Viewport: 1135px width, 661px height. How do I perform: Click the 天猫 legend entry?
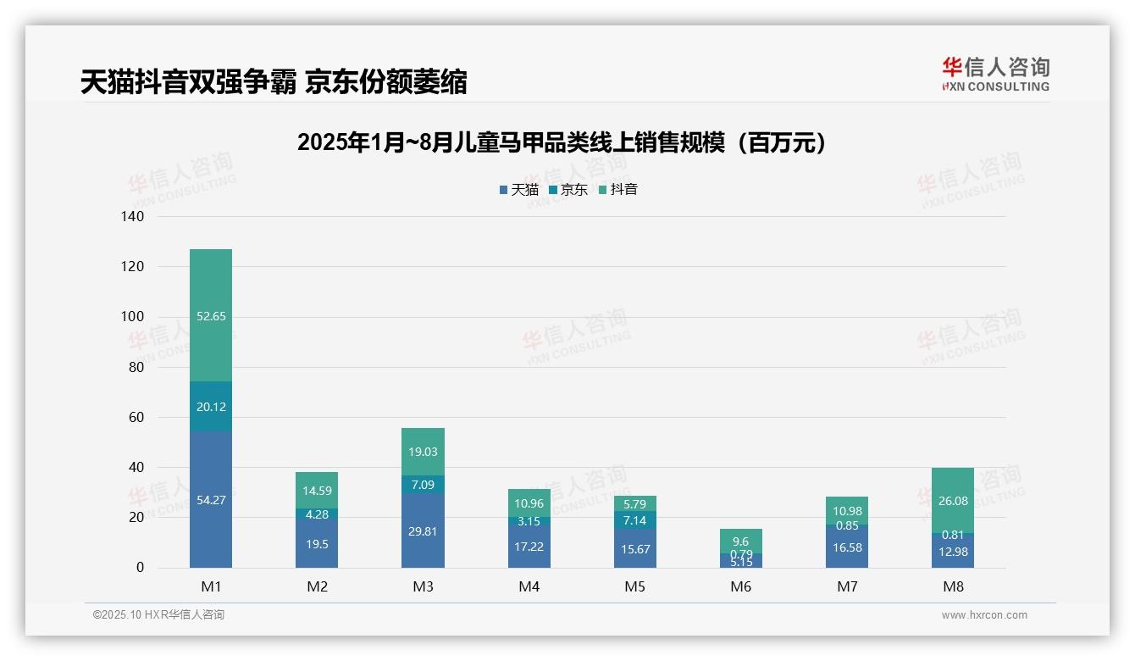pos(519,190)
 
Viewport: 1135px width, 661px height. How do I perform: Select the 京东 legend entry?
pos(568,190)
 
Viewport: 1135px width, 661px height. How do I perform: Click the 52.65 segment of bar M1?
pos(211,315)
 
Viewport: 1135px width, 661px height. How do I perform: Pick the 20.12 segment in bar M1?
pos(211,407)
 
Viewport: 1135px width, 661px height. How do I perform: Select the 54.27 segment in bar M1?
pos(211,500)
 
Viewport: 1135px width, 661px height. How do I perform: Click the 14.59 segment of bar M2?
pos(317,490)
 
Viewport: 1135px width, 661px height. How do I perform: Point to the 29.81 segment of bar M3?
pos(423,530)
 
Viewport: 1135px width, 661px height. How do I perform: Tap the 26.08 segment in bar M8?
pos(953,501)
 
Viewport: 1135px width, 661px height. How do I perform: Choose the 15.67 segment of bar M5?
pos(635,548)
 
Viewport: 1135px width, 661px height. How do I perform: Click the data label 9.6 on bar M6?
pos(741,542)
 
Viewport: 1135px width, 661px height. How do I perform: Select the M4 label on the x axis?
pos(529,586)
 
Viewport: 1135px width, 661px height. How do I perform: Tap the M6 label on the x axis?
pos(741,586)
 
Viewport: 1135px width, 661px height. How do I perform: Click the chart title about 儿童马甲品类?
pos(562,143)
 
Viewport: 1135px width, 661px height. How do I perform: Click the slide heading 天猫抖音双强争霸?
pos(274,82)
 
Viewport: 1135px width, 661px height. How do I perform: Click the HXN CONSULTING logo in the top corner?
pos(995,75)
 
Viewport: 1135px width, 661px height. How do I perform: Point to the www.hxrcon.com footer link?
pos(984,615)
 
